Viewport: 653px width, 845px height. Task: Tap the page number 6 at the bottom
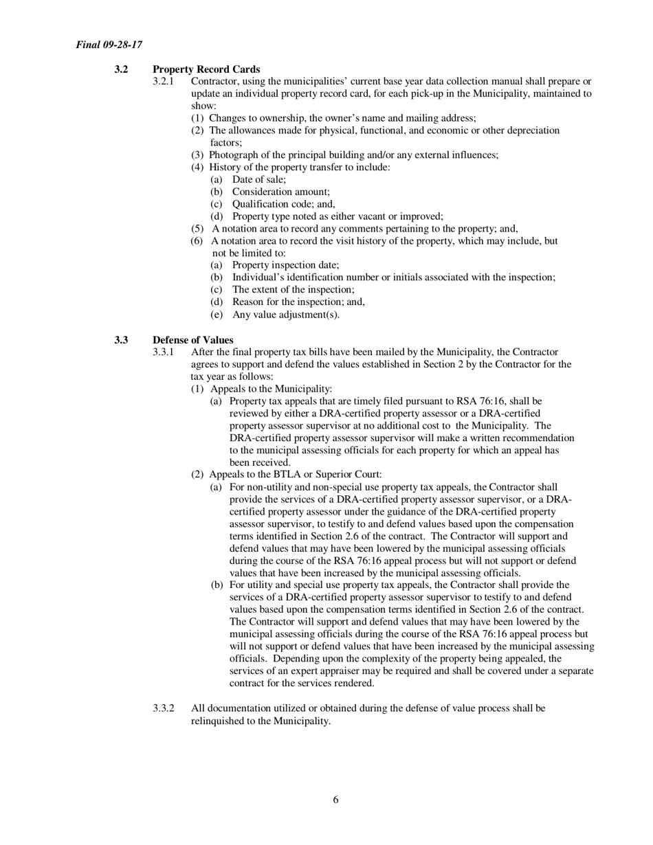coord(335,799)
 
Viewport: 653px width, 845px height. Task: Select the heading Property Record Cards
coord(206,69)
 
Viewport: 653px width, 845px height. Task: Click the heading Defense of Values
coord(193,340)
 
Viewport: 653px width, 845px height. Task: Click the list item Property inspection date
coord(285,265)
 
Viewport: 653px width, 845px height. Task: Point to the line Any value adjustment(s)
coord(285,315)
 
